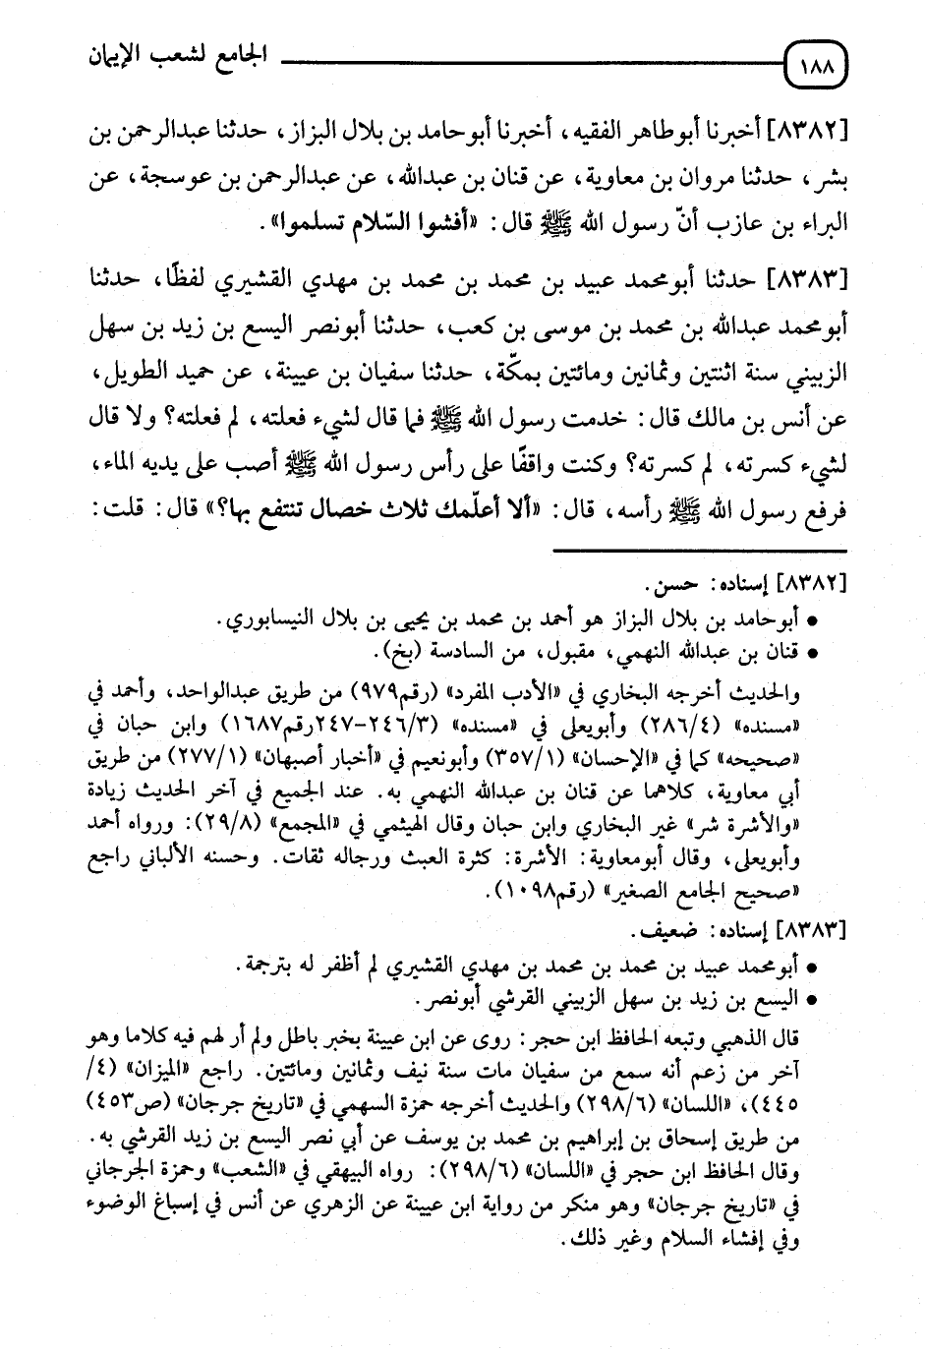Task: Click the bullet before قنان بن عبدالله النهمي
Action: coord(811,651)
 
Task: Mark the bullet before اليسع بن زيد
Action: coord(811,1000)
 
